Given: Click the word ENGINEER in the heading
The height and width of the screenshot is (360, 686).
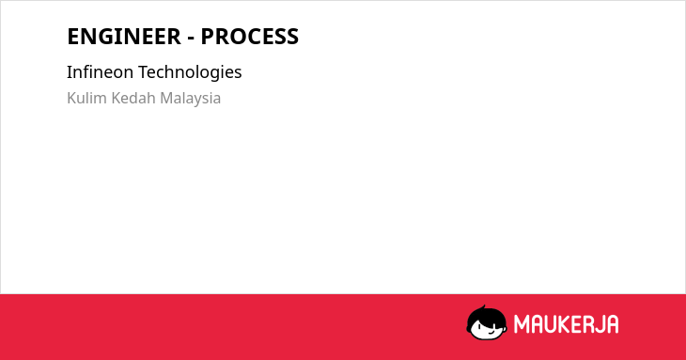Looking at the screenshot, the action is pyautogui.click(x=124, y=37).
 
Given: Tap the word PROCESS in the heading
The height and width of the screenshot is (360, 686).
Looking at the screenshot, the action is pyautogui.click(x=250, y=37).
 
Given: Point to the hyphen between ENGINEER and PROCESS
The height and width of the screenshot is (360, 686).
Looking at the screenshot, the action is pyautogui.click(x=191, y=39).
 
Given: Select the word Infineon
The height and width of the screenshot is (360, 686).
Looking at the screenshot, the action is pyautogui.click(x=100, y=71).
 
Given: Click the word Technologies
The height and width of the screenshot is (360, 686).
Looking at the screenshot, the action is pyautogui.click(x=191, y=72).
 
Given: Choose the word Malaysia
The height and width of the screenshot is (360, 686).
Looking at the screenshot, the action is pyautogui.click(x=191, y=99).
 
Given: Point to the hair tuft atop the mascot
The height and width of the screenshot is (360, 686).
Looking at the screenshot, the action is pyautogui.click(x=483, y=307).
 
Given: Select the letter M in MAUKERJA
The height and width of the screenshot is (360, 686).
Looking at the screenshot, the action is pyautogui.click(x=522, y=324).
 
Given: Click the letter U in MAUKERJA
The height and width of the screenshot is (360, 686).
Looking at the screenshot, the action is pyautogui.click(x=553, y=324).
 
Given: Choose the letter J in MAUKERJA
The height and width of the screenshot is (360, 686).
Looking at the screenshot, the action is pyautogui.click(x=604, y=324).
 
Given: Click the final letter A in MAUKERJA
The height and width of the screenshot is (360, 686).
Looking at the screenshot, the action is pyautogui.click(x=614, y=324).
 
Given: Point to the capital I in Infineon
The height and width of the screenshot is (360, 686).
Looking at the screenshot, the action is pyautogui.click(x=70, y=72).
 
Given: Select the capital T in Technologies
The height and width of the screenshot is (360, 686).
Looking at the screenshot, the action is pyautogui.click(x=144, y=72).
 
